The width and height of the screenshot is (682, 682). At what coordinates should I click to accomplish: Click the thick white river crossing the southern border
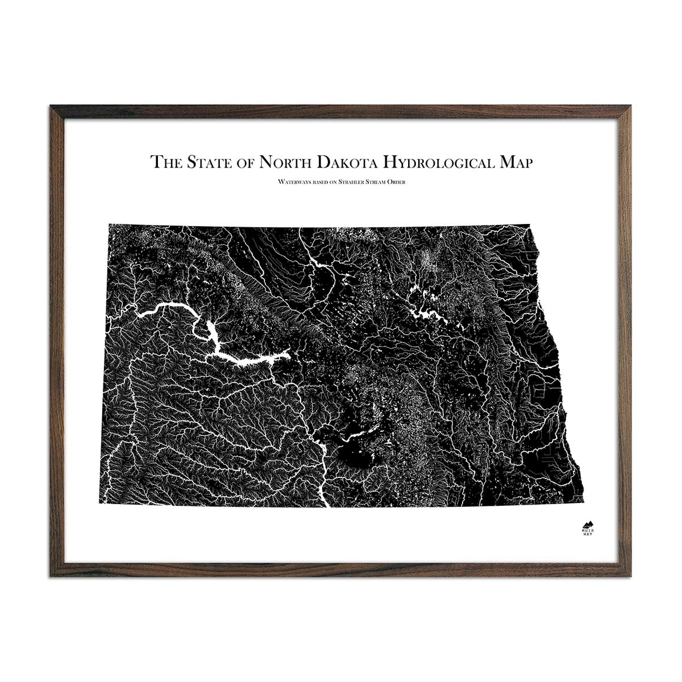pos(324,489)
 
